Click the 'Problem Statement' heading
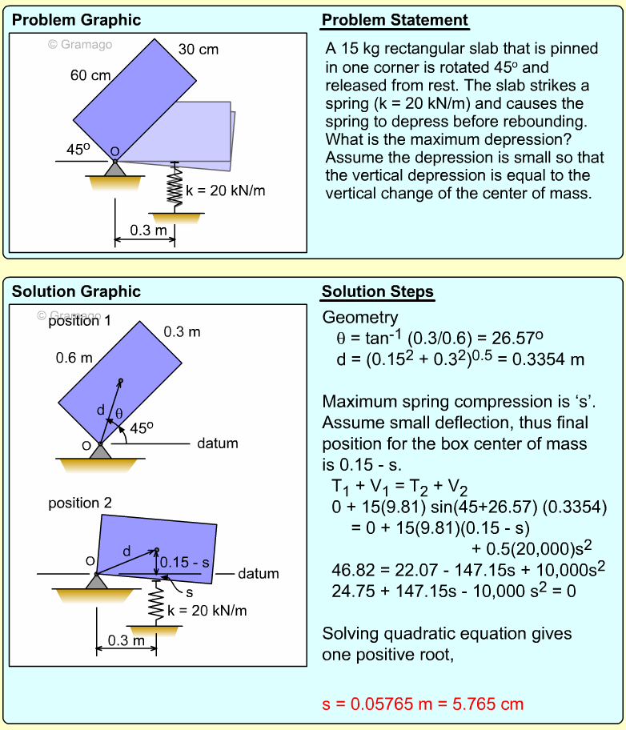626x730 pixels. pyautogui.click(x=395, y=21)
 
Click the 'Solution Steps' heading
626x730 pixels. pyautogui.click(x=378, y=291)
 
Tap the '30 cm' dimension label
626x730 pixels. pyautogui.click(x=198, y=50)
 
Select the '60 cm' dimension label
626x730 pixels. pyautogui.click(x=90, y=76)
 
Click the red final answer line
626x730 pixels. pyautogui.click(x=423, y=704)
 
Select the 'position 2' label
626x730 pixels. pyautogui.click(x=80, y=503)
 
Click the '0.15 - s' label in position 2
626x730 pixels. pyautogui.click(x=184, y=562)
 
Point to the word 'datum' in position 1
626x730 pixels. pyautogui.click(x=218, y=443)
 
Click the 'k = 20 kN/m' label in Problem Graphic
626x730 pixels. pyautogui.click(x=225, y=191)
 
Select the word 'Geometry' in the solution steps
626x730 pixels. pyautogui.click(x=359, y=318)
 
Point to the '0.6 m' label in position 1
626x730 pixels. pyautogui.click(x=74, y=358)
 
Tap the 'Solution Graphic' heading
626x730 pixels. pyautogui.click(x=76, y=291)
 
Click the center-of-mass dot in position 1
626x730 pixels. pyautogui.click(x=121, y=380)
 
